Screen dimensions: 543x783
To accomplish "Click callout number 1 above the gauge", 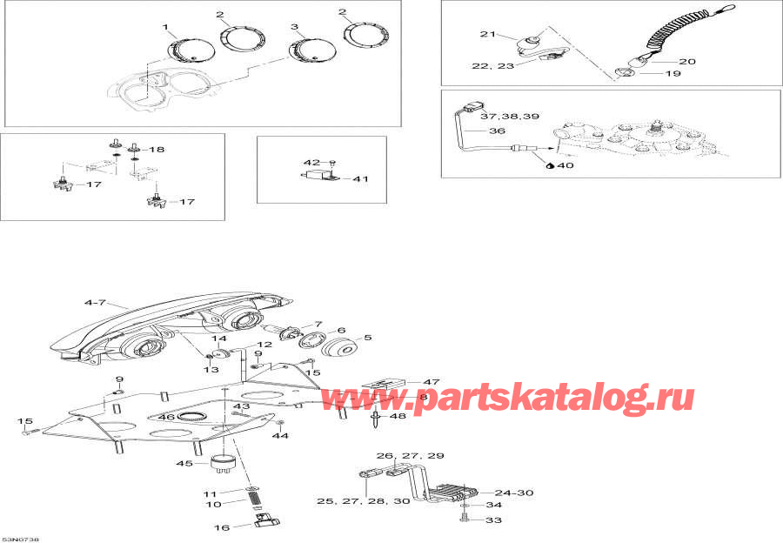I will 165,28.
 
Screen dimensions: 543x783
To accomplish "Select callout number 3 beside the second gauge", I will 294,28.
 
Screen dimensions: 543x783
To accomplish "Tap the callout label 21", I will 486,34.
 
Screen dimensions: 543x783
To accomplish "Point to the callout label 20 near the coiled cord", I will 687,62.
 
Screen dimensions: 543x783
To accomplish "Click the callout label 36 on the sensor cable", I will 497,131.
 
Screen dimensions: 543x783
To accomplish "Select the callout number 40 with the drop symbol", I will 565,164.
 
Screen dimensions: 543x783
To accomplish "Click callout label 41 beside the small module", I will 360,179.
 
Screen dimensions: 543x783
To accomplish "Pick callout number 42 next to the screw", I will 311,162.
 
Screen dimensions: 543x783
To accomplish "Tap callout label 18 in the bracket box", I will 157,150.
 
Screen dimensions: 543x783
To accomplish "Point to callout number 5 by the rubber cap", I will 367,338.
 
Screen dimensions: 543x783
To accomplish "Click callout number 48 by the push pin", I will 398,416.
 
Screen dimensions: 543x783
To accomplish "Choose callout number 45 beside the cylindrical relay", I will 184,463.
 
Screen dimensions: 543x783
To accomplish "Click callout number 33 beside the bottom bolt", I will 493,521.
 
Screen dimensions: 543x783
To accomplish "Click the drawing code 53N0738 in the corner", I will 20,539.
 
